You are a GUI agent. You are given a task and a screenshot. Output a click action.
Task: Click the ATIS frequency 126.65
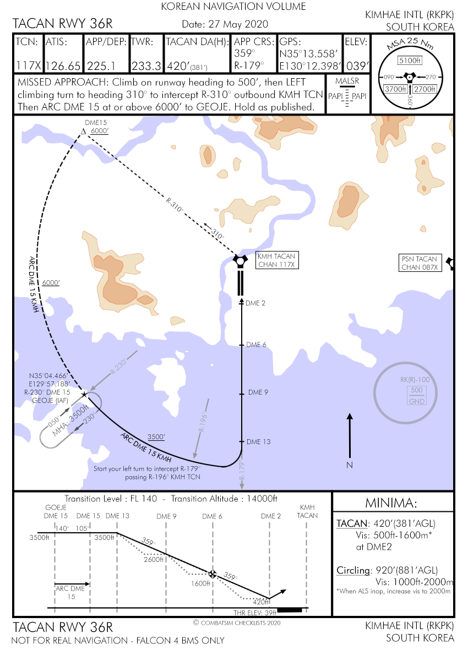pyautogui.click(x=63, y=66)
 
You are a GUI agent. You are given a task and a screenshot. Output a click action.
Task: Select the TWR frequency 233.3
pyautogui.click(x=146, y=66)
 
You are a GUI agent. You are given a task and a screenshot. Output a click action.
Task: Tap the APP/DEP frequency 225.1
pyautogui.click(x=101, y=66)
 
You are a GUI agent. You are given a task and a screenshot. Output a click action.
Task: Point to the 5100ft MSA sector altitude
pyautogui.click(x=410, y=61)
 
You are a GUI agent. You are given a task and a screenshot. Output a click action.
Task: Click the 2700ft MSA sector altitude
pyautogui.click(x=425, y=89)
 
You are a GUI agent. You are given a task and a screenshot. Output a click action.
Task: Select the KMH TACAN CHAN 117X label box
pyautogui.click(x=276, y=260)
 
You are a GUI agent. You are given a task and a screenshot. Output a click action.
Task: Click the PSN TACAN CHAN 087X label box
pyautogui.click(x=420, y=263)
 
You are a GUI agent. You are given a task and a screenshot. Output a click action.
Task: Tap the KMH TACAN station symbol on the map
pyautogui.click(x=240, y=261)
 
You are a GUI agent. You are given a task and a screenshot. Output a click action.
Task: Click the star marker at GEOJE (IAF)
pyautogui.click(x=84, y=394)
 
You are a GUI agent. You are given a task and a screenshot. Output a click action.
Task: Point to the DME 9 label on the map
pyautogui.click(x=258, y=392)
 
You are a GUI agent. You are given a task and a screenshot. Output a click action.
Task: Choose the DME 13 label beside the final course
pyautogui.click(x=258, y=442)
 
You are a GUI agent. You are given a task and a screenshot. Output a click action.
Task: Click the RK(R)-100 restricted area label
pyautogui.click(x=415, y=380)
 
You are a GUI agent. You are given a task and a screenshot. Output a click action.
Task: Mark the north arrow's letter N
pyautogui.click(x=350, y=465)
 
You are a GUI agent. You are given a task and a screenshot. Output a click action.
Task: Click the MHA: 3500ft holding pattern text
pyautogui.click(x=70, y=420)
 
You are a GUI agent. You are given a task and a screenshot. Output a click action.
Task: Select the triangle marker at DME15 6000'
pyautogui.click(x=83, y=132)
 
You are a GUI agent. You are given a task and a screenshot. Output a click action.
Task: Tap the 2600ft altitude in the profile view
pyautogui.click(x=154, y=560)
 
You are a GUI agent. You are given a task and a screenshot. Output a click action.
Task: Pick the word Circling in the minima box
pyautogui.click(x=353, y=570)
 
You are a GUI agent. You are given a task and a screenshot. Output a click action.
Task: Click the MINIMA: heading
pyautogui.click(x=391, y=503)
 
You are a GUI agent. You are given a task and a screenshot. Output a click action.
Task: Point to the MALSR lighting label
pyautogui.click(x=347, y=81)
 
